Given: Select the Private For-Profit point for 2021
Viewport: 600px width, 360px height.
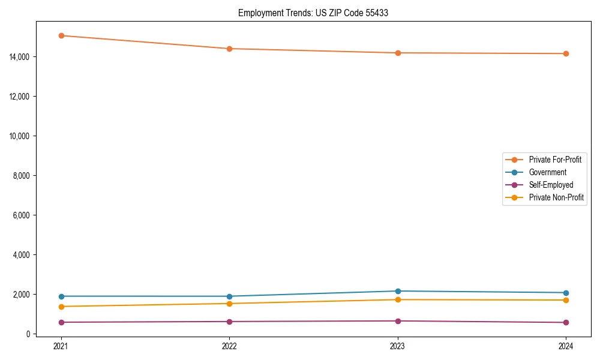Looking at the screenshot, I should (61, 35).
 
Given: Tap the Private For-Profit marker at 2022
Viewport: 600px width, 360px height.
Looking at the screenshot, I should (229, 49).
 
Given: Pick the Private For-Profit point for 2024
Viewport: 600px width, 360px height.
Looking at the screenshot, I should (566, 54).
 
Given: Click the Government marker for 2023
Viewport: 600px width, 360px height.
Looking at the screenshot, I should (398, 291).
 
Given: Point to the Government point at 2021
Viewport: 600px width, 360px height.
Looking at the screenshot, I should (61, 296).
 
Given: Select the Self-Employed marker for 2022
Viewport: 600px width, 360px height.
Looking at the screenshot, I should (229, 322).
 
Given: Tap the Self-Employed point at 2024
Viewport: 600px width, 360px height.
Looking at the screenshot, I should (566, 323).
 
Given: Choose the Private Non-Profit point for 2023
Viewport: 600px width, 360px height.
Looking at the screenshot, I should (398, 300).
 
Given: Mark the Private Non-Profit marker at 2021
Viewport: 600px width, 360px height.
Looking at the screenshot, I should (61, 307).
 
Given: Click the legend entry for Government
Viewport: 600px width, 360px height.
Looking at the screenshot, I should (547, 172).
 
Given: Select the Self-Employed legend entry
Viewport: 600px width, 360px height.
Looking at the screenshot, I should (551, 185).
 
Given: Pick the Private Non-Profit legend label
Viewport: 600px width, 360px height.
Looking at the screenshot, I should (556, 197).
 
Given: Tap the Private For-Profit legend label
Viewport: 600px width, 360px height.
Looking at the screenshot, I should (555, 160).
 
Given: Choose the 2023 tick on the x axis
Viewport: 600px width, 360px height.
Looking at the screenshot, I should (398, 346).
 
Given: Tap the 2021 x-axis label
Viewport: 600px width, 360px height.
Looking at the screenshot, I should (61, 346).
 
